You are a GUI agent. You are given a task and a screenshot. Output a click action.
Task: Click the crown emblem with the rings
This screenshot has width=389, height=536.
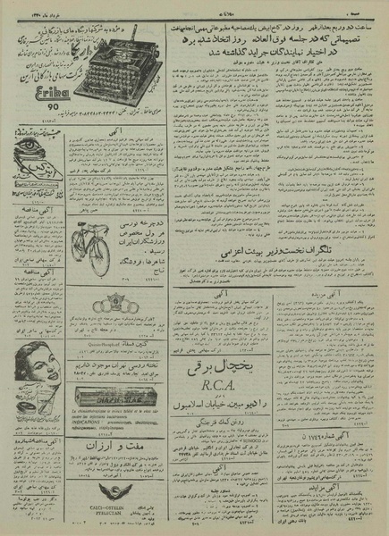120,300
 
